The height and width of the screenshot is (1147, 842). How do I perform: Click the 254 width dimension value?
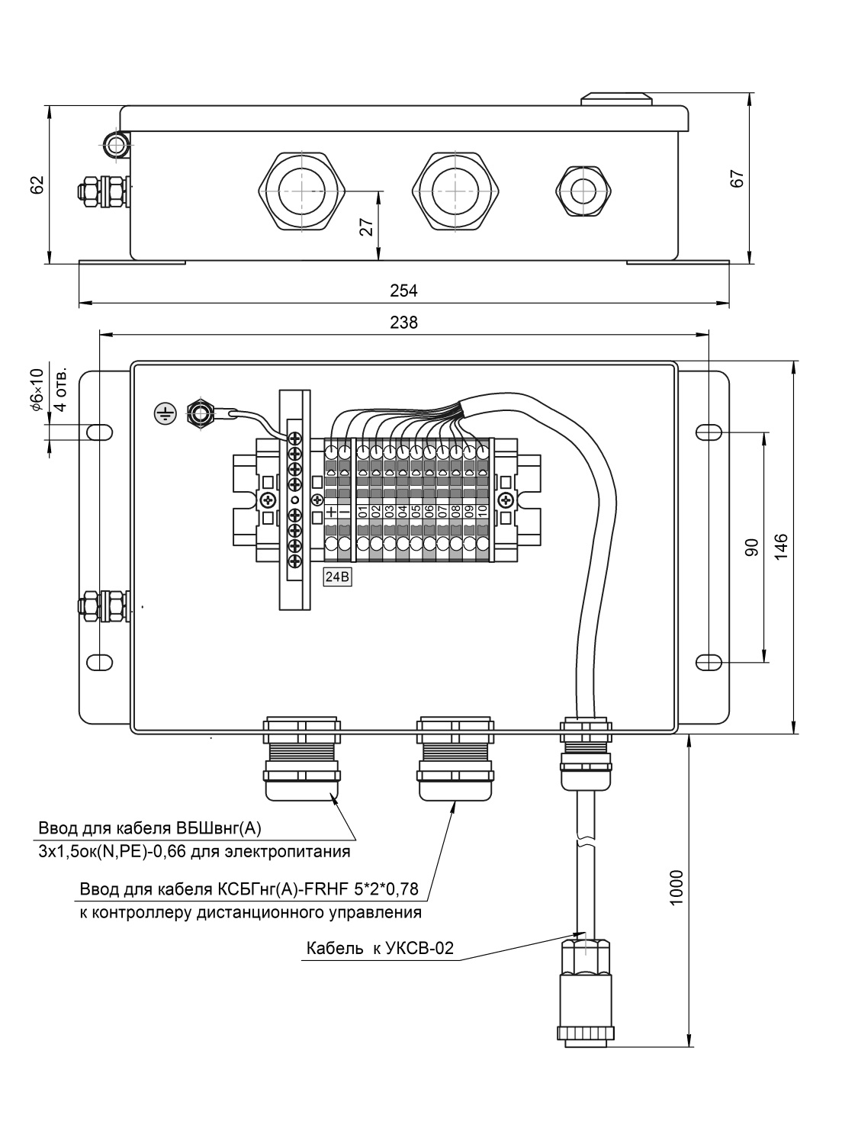pyautogui.click(x=403, y=291)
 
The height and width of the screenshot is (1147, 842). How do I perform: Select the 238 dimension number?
pyautogui.click(x=403, y=322)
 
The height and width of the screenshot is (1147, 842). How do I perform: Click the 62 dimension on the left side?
pyautogui.click(x=37, y=185)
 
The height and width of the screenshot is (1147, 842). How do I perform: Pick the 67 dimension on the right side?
pyautogui.click(x=737, y=178)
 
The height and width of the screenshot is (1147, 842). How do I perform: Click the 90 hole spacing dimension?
pyautogui.click(x=751, y=548)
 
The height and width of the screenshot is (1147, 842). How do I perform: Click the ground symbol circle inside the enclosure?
pyautogui.click(x=165, y=413)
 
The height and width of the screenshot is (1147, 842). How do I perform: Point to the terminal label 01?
pyautogui.click(x=362, y=511)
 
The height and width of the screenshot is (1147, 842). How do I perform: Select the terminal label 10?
pyautogui.click(x=482, y=511)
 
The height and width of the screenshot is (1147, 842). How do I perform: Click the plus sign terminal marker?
pyautogui.click(x=331, y=511)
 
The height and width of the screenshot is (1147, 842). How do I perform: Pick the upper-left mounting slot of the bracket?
pyautogui.click(x=99, y=432)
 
